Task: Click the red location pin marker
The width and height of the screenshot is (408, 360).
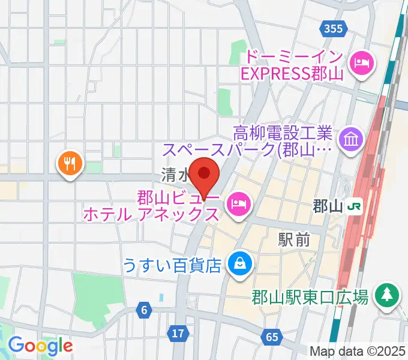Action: (x=205, y=175)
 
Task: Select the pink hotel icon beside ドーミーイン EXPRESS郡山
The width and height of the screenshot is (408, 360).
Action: (x=362, y=61)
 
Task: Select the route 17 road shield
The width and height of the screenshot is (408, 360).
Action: (x=177, y=333)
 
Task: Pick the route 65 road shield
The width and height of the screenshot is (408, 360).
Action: (x=272, y=337)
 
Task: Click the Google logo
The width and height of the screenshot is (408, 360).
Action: (x=40, y=346)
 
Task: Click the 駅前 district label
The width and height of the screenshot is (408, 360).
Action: (x=294, y=240)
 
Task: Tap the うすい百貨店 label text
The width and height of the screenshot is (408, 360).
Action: (x=172, y=264)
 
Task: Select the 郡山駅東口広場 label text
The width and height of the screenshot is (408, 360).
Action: (x=310, y=297)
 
